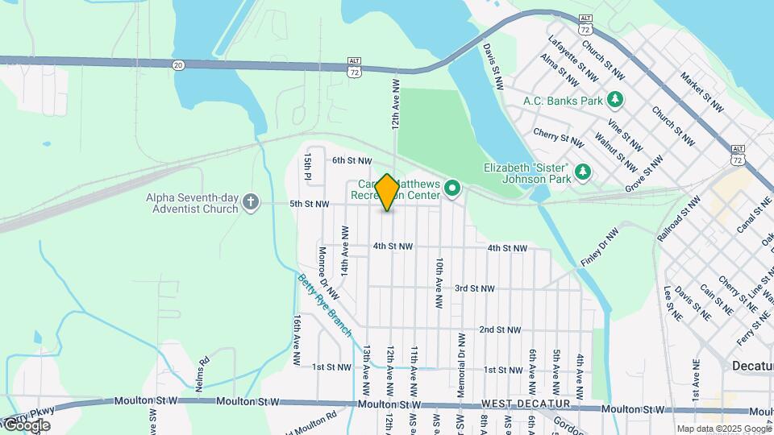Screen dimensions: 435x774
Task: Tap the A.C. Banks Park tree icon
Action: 616,101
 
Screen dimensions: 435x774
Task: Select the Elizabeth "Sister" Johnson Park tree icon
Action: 582,172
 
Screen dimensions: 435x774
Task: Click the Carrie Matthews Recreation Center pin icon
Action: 452,189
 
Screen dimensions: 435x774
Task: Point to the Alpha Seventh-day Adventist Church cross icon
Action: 251,202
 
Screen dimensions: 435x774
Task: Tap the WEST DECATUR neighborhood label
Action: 526,403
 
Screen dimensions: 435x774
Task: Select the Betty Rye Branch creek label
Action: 325,305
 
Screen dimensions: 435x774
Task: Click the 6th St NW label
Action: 352,161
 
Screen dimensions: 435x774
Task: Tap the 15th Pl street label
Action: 308,167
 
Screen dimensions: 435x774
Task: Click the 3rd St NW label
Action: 474,288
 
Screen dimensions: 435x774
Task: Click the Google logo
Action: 26,425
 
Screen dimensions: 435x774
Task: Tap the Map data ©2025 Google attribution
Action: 724,429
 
